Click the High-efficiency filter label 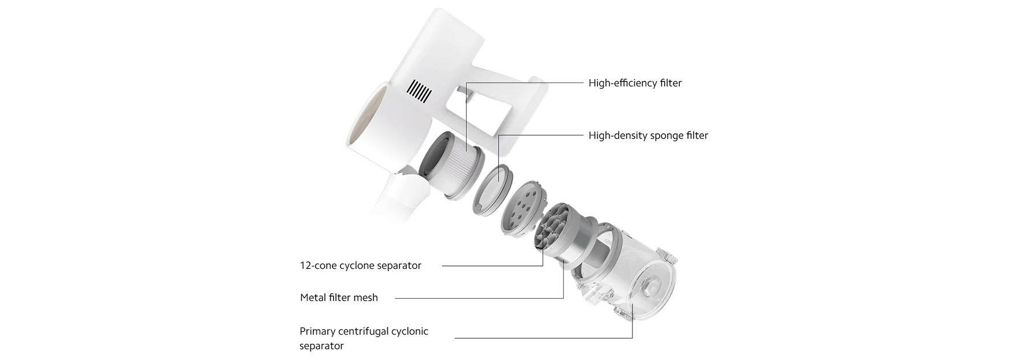tap(635, 83)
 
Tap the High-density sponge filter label tap(648, 136)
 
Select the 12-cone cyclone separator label tap(360, 265)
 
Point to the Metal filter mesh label tap(339, 298)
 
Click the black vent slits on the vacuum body tap(419, 91)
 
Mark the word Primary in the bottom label tap(318, 331)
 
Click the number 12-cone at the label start tap(318, 265)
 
